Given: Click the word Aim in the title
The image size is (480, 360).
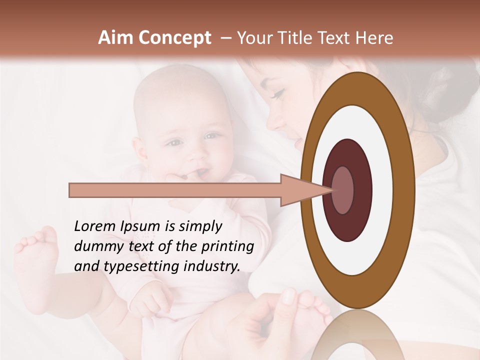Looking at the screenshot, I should click(x=116, y=38).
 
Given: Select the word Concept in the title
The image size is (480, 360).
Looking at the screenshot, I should click(x=174, y=38).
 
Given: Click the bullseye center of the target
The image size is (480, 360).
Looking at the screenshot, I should click(x=343, y=190).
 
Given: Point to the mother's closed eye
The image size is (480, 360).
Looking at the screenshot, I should click(x=277, y=93).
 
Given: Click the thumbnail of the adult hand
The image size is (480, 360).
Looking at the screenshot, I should click(x=289, y=296).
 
